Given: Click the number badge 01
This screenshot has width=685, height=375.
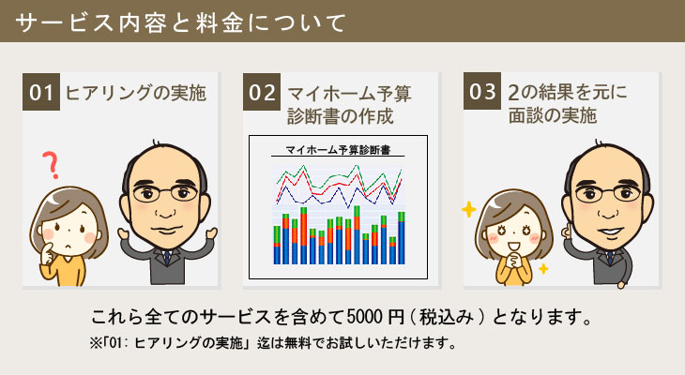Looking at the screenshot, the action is coord(41,92).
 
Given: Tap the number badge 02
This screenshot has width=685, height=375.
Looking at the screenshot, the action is coord(262,92).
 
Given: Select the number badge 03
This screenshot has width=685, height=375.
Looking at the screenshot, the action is coord(482,91).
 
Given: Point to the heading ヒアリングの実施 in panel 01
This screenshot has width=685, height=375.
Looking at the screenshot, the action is coord(135,93).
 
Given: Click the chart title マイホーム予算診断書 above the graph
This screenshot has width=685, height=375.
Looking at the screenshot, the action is coord(337,150).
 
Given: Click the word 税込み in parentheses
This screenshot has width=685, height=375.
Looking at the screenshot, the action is coord(447,317).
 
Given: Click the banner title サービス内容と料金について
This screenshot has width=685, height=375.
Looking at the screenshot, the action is coord(180,22).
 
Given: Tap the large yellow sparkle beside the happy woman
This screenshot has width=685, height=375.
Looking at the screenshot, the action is coord(469,210).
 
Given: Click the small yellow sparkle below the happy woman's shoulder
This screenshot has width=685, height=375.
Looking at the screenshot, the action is coord(543,268).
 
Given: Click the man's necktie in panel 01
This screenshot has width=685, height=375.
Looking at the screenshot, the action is coord(167,257).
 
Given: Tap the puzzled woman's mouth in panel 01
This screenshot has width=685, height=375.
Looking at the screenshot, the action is coord(68,247).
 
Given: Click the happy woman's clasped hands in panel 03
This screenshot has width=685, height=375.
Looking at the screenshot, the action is coord(515,261).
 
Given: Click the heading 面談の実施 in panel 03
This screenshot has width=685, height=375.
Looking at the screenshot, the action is coord(552,115).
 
